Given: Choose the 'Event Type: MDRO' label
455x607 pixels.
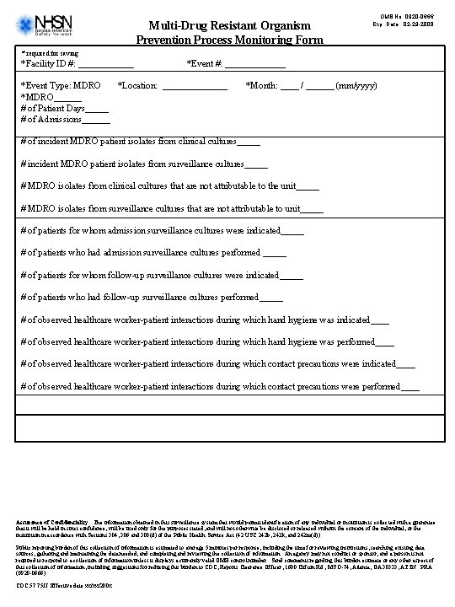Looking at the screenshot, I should pos(61,86).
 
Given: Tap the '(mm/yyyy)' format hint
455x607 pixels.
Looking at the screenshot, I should pos(356,86).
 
